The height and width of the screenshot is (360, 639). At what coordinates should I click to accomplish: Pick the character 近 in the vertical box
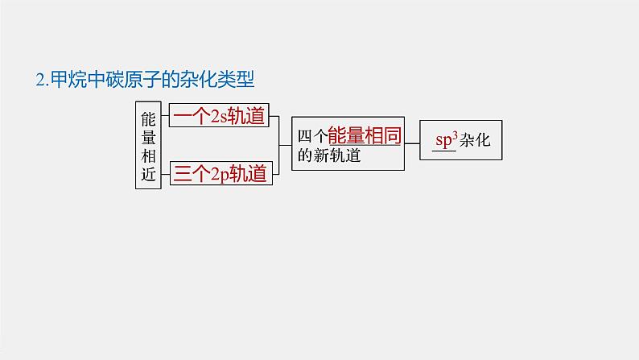[x=148, y=176]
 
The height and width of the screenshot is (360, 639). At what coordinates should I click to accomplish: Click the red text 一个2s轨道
[x=219, y=116]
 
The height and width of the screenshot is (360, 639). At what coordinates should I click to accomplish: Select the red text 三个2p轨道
[x=219, y=173]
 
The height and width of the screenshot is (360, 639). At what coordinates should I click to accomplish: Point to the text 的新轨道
[x=328, y=155]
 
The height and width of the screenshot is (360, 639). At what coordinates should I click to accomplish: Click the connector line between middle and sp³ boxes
[x=412, y=144]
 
